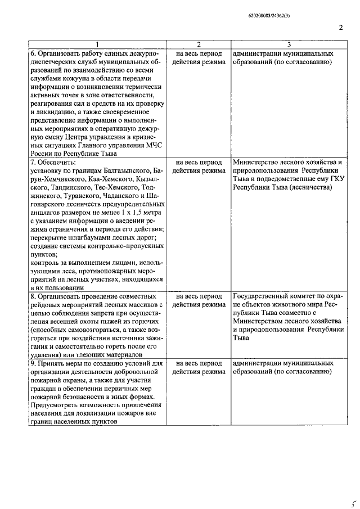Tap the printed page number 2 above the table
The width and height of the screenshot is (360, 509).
pyautogui.click(x=341, y=27)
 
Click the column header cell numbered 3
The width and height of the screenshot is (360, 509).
pyautogui.click(x=289, y=44)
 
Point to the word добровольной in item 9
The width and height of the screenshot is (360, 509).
pyautogui.click(x=133, y=372)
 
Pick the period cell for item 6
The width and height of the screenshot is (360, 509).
pyautogui.click(x=197, y=58)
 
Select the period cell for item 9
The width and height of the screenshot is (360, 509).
pyautogui.click(x=197, y=368)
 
